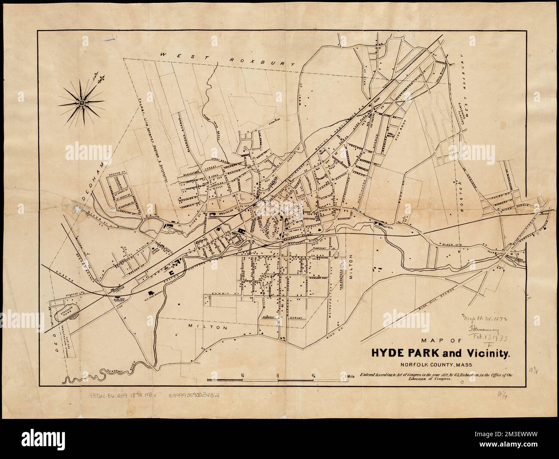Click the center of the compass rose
[81, 103]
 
